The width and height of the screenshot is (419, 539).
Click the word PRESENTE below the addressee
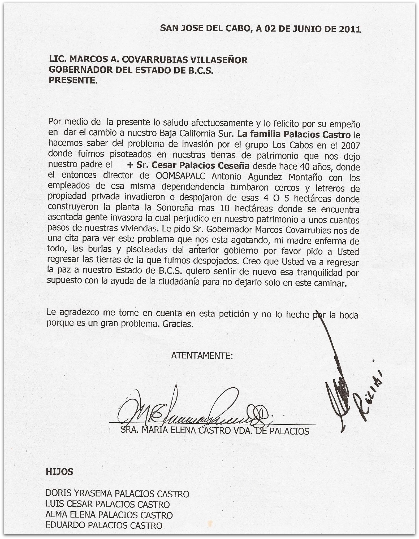point(72,80)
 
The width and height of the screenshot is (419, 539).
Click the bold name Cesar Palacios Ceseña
point(193,165)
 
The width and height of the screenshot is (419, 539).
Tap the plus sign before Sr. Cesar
point(130,165)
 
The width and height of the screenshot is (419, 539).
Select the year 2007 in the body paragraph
point(350,146)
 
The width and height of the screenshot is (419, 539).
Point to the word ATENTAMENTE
point(202,356)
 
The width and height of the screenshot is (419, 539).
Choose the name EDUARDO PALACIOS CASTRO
point(104,525)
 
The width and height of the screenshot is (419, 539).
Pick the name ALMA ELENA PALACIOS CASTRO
point(109,515)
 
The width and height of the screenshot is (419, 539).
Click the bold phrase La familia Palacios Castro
point(294,134)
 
